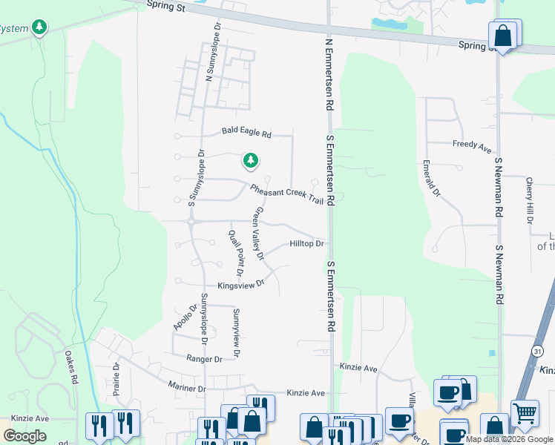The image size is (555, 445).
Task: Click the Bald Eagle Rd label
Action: click(247, 134)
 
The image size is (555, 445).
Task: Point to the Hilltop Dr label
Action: click(306, 244)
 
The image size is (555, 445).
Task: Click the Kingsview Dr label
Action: click(240, 285)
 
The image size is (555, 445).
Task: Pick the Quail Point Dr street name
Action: click(237, 248)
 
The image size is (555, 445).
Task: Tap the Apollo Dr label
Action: click(185, 317)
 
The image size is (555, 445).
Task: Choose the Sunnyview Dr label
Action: click(236, 333)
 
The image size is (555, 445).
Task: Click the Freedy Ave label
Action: click(472, 146)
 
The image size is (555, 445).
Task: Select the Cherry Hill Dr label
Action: click(529, 200)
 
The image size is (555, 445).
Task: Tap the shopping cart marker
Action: click(525, 412)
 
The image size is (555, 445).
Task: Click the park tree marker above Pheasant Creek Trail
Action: click(251, 159)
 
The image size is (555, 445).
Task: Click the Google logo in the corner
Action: click(25, 435)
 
